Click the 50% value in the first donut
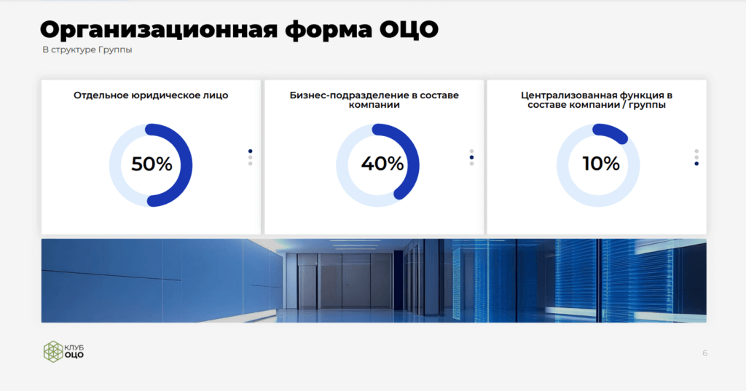coord(152,164)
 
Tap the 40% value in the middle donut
coord(382,164)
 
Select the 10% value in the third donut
coord(601,164)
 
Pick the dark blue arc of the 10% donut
coord(611,131)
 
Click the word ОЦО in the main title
coord(409,30)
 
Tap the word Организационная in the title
coord(158,31)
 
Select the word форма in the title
coord(329,31)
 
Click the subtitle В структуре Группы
coord(87,50)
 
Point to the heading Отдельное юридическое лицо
coord(151,95)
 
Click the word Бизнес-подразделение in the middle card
coord(344,95)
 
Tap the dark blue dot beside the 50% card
coord(251,151)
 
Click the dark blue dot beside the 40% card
coord(471,157)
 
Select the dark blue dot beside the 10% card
coord(696,164)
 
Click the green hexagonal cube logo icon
coord(53,352)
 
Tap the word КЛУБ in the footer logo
coord(74,348)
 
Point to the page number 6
coord(705,353)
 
